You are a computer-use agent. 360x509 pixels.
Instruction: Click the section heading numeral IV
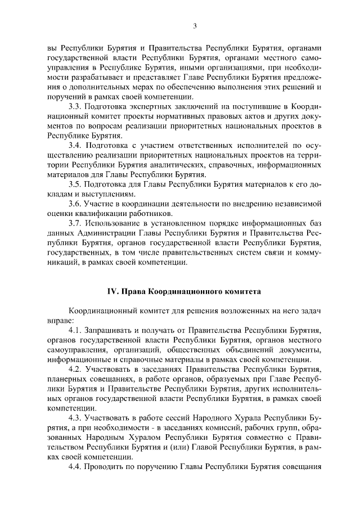coord(112,291)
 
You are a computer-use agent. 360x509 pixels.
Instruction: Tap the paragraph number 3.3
coord(75,106)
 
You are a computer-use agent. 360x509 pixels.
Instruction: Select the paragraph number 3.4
coord(75,146)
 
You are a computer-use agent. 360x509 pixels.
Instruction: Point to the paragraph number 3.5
coord(75,185)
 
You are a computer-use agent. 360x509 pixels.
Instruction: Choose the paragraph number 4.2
coord(75,370)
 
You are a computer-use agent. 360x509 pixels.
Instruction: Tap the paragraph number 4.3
coord(75,418)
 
